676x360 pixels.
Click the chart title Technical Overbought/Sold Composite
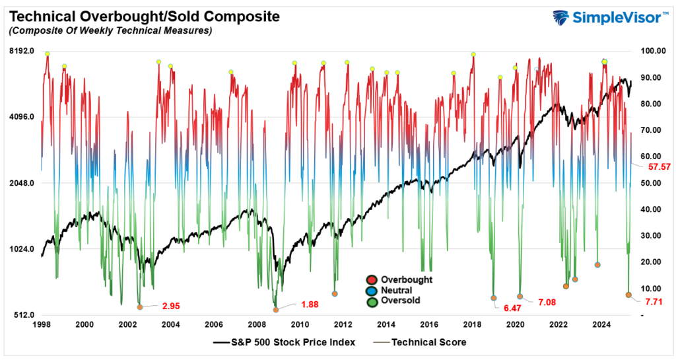(x=141, y=16)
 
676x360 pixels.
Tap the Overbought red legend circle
(x=374, y=279)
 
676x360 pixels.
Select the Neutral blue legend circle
(x=374, y=290)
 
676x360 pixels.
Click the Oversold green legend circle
(x=374, y=301)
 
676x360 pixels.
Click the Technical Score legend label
(x=429, y=342)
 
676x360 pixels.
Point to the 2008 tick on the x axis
(x=257, y=324)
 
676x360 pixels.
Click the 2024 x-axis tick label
(x=601, y=324)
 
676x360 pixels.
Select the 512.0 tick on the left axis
(x=21, y=315)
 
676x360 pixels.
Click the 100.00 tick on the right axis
(x=648, y=51)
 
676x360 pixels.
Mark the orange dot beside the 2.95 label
(x=139, y=307)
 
